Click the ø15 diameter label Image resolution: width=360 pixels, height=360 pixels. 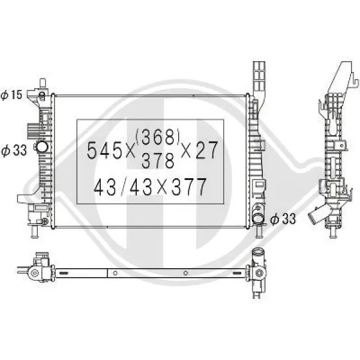[11, 95]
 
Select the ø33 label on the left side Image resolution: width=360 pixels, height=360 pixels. [14, 151]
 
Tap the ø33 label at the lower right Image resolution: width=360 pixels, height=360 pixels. [283, 219]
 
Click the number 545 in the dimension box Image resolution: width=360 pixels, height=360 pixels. [104, 151]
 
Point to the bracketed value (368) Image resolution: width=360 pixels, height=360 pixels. [157, 137]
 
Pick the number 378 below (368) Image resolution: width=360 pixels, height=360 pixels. [158, 161]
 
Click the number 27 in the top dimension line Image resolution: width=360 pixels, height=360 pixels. [206, 150]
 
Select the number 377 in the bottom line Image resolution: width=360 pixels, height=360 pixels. [189, 187]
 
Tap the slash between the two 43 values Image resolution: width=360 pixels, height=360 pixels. [124, 187]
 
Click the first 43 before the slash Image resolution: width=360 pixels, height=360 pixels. [105, 187]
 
